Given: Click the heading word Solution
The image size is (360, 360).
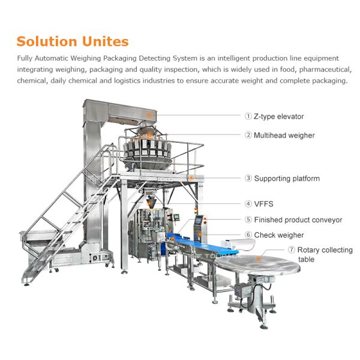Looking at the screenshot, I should tap(46, 41).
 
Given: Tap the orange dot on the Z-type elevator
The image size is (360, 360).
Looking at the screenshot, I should tap(147, 113).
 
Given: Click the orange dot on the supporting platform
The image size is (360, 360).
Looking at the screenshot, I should tap(191, 177).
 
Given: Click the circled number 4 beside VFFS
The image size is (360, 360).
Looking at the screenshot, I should tap(248, 204).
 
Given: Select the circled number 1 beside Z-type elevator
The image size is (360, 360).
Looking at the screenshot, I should tap(248, 116).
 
